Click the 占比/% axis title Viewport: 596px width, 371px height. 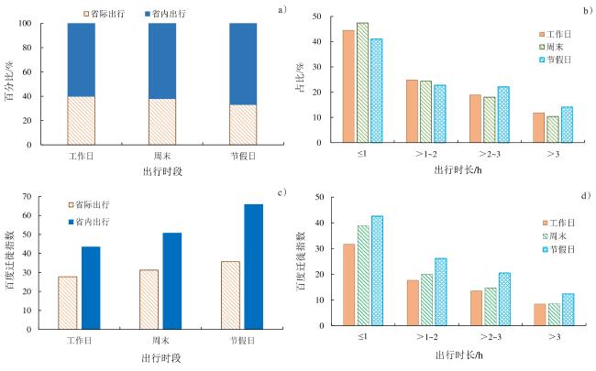299,81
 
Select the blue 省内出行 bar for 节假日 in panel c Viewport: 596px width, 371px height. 253,266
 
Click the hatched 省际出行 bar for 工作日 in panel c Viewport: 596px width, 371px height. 68,301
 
